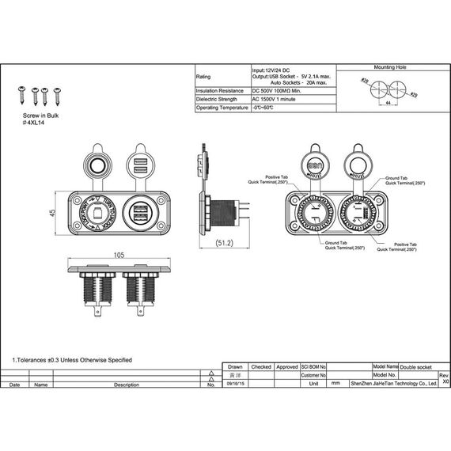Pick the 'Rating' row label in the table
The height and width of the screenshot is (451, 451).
point(203,77)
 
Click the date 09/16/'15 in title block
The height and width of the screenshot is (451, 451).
point(236,382)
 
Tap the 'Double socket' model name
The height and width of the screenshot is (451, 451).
point(416,367)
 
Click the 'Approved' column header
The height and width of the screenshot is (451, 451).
point(287,367)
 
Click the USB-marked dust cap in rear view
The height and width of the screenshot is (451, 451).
point(313,167)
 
